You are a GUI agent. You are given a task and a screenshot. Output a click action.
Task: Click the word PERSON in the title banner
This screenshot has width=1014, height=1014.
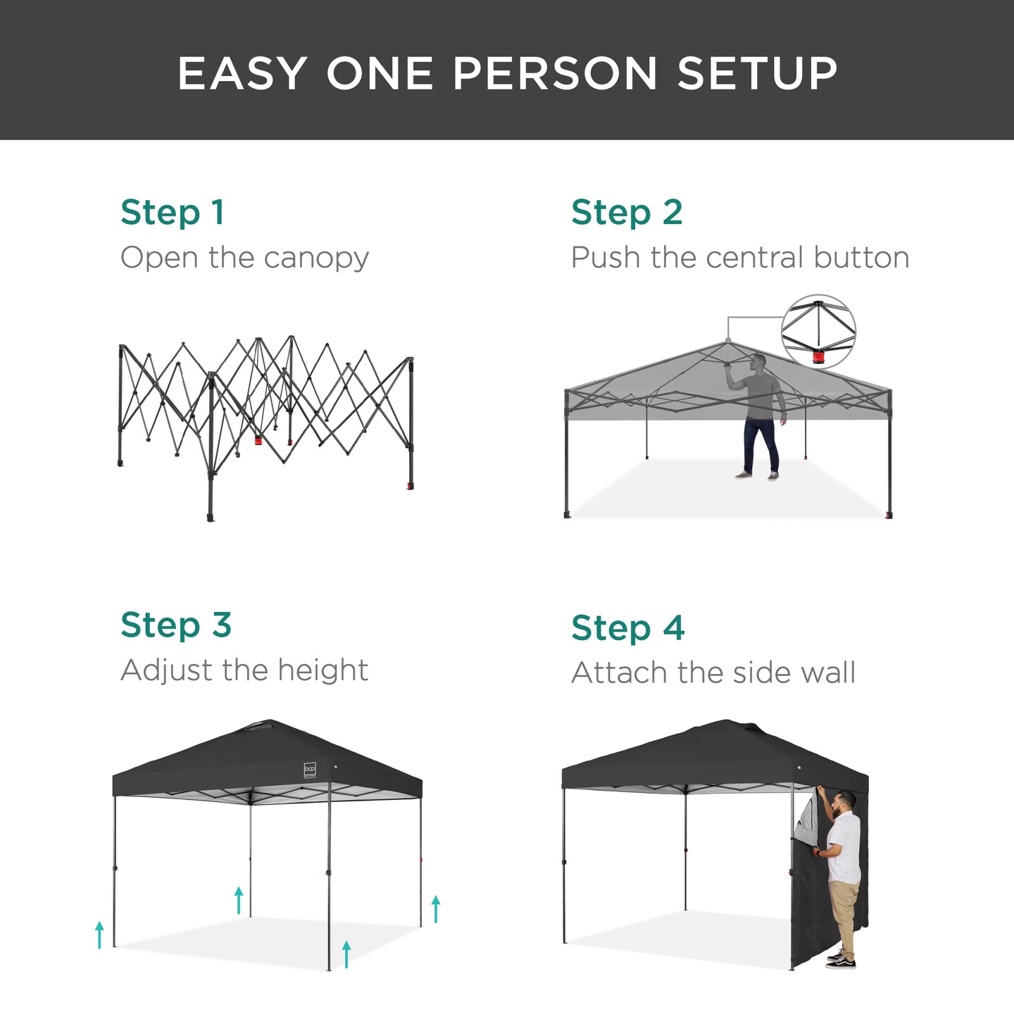[555, 73]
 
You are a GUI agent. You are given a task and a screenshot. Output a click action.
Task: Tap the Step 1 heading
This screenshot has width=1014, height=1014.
[173, 213]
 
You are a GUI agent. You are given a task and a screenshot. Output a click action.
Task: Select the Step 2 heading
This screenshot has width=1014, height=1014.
[627, 213]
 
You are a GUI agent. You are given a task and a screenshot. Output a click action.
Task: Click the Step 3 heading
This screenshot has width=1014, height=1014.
[176, 625]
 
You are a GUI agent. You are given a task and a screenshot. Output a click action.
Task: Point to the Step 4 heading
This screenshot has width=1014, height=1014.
[627, 628]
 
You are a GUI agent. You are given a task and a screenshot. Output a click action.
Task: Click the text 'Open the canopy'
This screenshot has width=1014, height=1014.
[244, 258]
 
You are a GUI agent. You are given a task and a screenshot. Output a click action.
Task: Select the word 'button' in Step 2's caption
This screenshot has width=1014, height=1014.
[861, 258]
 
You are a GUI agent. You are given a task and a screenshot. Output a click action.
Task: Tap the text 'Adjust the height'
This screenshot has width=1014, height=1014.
[244, 670]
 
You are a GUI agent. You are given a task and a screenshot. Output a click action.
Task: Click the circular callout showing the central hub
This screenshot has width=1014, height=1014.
[818, 331]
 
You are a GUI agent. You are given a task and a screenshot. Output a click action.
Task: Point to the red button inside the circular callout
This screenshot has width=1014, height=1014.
[818, 357]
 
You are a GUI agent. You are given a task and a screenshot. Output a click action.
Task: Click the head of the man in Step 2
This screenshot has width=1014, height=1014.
[758, 362]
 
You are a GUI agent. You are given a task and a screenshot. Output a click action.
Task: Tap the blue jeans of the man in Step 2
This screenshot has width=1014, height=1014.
[760, 444]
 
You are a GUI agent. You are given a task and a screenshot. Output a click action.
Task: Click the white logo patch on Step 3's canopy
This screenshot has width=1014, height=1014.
[310, 770]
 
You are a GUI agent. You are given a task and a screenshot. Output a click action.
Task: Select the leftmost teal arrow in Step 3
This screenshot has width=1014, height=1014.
[99, 934]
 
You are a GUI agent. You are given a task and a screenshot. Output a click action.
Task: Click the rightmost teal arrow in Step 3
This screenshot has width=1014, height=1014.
[436, 908]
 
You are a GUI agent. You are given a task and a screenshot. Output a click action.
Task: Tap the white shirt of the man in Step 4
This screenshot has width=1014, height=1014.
[844, 845]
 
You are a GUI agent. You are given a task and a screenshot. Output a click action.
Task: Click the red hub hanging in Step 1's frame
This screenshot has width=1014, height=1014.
[258, 441]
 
